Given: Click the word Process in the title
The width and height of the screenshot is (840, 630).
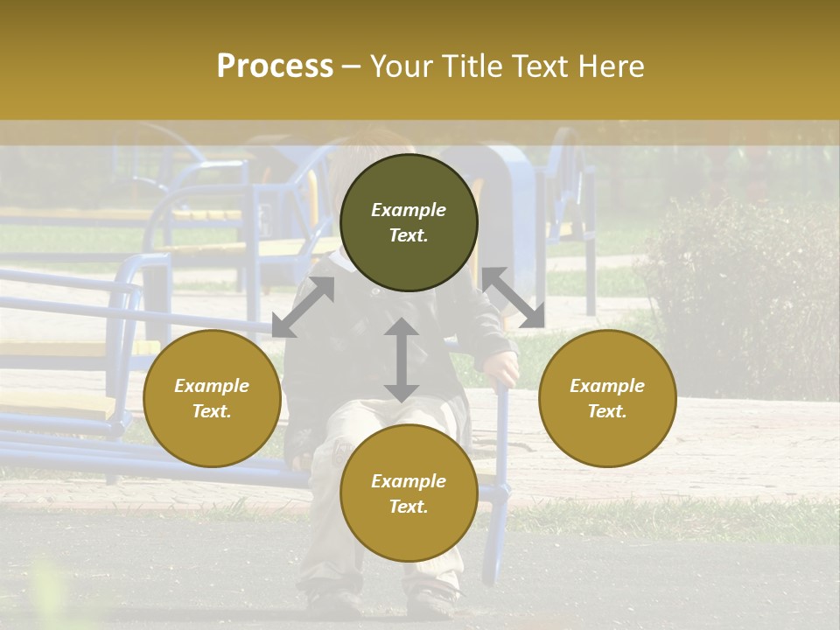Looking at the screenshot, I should point(275,66).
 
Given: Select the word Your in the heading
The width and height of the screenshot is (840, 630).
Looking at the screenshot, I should point(401,66).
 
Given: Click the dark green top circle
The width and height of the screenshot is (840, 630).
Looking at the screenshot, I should point(409,223).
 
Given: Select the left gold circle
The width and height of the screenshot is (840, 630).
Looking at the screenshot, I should point(212,398).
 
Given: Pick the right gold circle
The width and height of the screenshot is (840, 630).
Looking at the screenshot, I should point(606,398).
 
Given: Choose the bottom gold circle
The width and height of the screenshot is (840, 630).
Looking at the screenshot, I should point(409,493).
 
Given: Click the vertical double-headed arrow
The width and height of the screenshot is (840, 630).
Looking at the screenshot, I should point(402,360).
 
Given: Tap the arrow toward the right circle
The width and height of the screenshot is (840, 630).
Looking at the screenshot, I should point(513,297).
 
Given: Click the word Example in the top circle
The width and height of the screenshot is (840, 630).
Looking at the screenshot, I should point(409,210).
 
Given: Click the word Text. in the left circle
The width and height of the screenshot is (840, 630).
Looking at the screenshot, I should point(212,411).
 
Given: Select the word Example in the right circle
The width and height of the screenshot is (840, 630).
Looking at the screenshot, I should point(606,386).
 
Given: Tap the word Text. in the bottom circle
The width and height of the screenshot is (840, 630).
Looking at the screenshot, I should point(409,507).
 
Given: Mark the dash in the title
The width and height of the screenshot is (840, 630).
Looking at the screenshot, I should point(351,66).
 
